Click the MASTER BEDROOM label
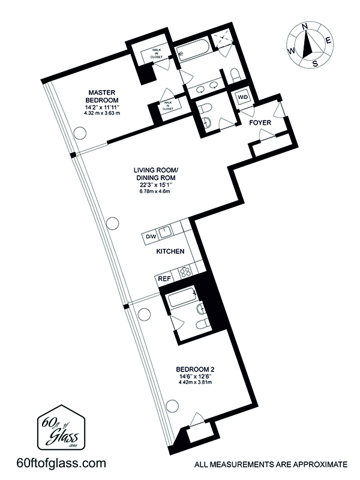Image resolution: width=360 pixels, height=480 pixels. click(x=102, y=96)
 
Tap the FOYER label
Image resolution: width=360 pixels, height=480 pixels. click(x=260, y=123)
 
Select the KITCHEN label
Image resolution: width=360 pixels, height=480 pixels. click(x=170, y=251)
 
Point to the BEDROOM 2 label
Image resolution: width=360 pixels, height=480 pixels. click(x=193, y=369)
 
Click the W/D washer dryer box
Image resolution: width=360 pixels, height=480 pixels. click(x=243, y=98)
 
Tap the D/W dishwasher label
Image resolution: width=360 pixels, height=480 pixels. click(x=151, y=236)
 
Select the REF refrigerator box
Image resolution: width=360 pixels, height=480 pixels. click(x=164, y=279)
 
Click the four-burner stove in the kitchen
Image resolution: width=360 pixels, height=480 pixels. click(x=184, y=272)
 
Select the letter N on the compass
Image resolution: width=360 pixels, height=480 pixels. click(x=305, y=27)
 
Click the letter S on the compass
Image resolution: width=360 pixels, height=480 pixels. click(x=314, y=64)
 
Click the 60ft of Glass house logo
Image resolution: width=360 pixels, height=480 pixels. click(x=61, y=428)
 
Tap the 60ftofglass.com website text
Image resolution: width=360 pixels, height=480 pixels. click(x=61, y=463)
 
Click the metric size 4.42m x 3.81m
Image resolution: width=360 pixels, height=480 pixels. click(x=193, y=382)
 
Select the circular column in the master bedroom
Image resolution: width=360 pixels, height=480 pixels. click(x=80, y=133)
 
